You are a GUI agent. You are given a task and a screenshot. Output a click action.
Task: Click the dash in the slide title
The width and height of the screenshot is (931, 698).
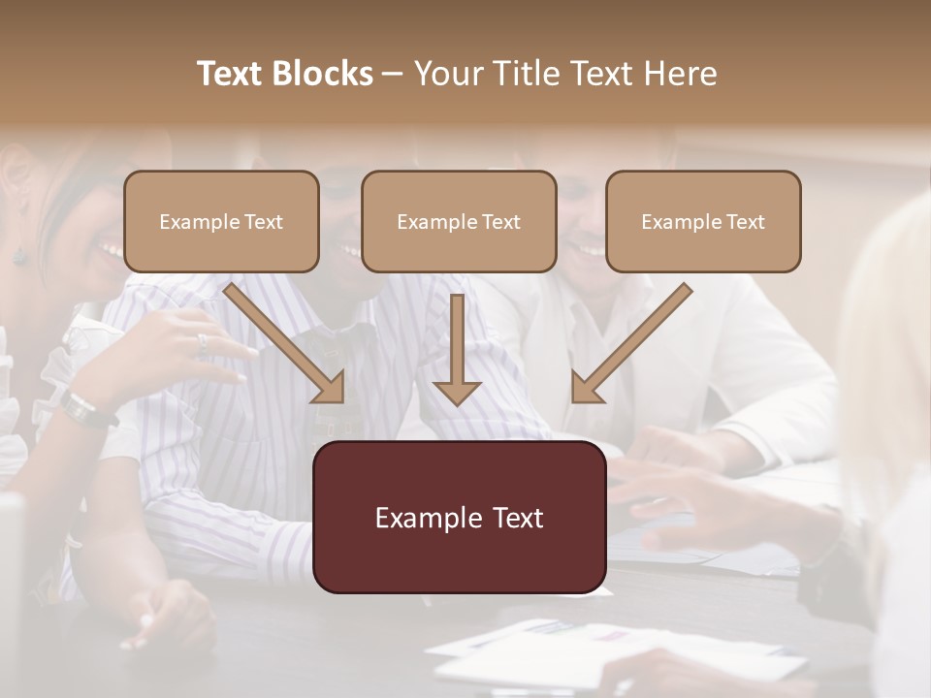pos(394,75)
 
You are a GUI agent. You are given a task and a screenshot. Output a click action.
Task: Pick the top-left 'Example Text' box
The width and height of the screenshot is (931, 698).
pos(221,221)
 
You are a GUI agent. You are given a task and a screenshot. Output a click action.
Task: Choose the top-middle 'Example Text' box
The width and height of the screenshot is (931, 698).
pos(459,221)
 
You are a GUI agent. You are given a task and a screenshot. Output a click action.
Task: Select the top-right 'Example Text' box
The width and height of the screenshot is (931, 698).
pos(703,221)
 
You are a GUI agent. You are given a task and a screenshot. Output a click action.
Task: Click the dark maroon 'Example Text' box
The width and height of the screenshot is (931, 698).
pos(459,517)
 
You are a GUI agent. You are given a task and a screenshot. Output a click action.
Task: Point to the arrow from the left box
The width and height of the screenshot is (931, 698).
pos(284,342)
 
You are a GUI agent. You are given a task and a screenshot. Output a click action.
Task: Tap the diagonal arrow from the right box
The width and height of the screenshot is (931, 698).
pos(631,342)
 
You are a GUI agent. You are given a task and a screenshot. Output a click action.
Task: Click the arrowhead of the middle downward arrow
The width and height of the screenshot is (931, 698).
pos(457,392)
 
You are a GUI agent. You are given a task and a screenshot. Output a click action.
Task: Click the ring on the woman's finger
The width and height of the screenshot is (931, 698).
pos(203,341)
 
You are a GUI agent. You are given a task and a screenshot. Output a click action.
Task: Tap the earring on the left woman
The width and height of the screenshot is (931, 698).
pos(18,254)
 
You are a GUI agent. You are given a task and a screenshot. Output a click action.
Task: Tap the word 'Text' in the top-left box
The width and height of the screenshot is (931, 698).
pos(262,222)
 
